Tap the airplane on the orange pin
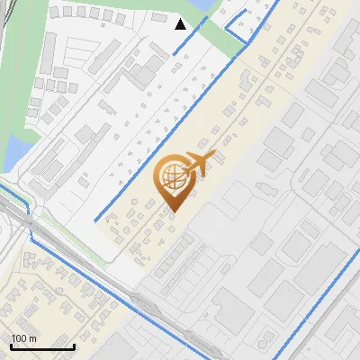196,165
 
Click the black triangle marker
181,23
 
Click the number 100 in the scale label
19,338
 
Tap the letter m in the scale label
32,338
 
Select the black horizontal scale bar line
42,346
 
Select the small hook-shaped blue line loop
238,34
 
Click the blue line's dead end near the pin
95,220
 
